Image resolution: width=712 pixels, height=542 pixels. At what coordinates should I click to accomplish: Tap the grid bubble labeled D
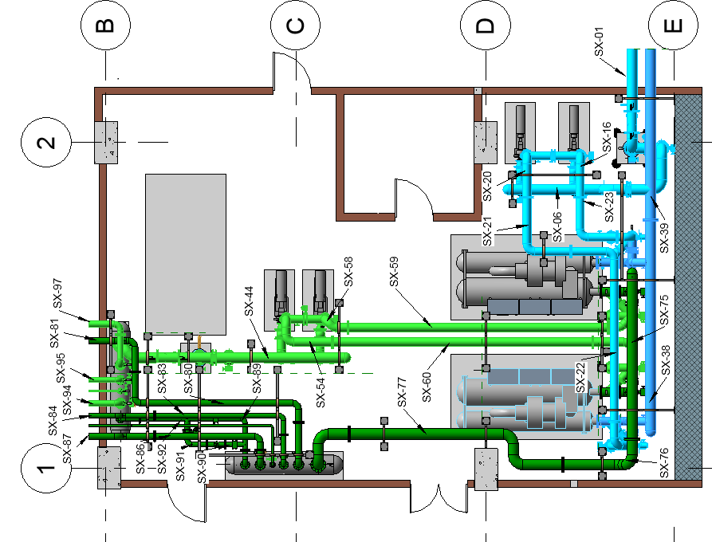485,26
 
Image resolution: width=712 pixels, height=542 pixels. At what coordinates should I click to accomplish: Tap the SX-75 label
663,312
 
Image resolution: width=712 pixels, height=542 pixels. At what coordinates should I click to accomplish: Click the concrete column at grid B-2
106,143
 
